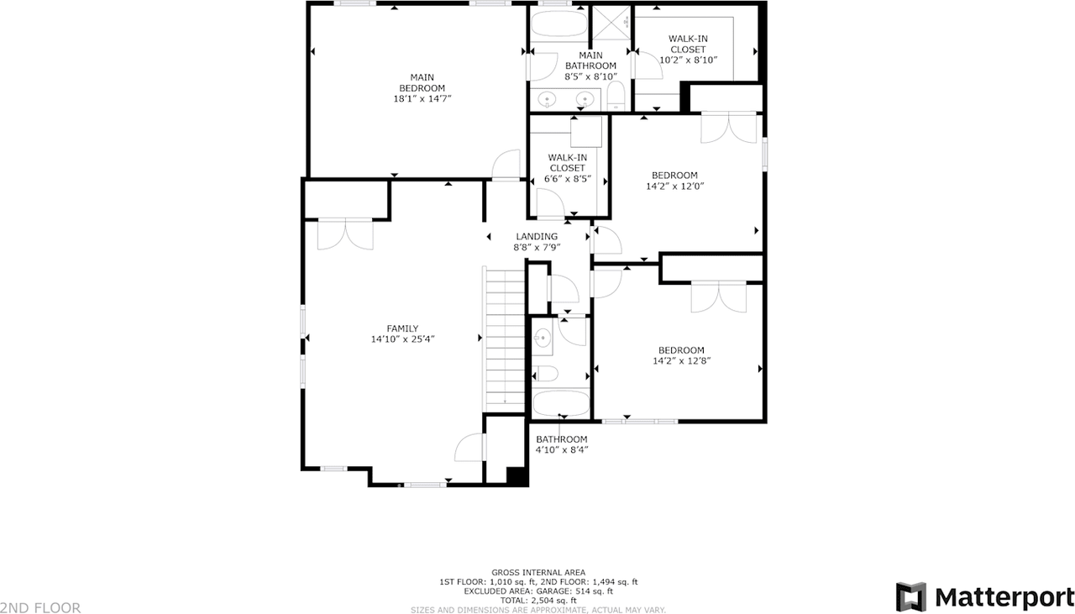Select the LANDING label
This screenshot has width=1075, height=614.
tap(536, 237)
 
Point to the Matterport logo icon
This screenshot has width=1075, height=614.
tap(910, 596)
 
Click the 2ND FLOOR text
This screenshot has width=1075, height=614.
tap(40, 607)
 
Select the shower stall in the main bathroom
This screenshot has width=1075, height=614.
tap(611, 24)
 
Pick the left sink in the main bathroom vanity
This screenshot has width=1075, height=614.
tap(548, 100)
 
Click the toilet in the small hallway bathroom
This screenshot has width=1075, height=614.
tap(547, 373)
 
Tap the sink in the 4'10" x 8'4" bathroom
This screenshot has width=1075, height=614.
tap(543, 338)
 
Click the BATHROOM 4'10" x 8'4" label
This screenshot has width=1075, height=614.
tap(562, 444)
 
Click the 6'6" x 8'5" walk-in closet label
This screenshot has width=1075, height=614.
tap(568, 168)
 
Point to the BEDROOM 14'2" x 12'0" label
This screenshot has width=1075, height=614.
tap(674, 181)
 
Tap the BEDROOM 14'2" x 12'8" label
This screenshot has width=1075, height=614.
tap(681, 355)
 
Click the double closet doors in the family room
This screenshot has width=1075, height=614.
tap(345, 234)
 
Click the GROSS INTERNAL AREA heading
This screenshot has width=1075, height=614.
tap(537, 572)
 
